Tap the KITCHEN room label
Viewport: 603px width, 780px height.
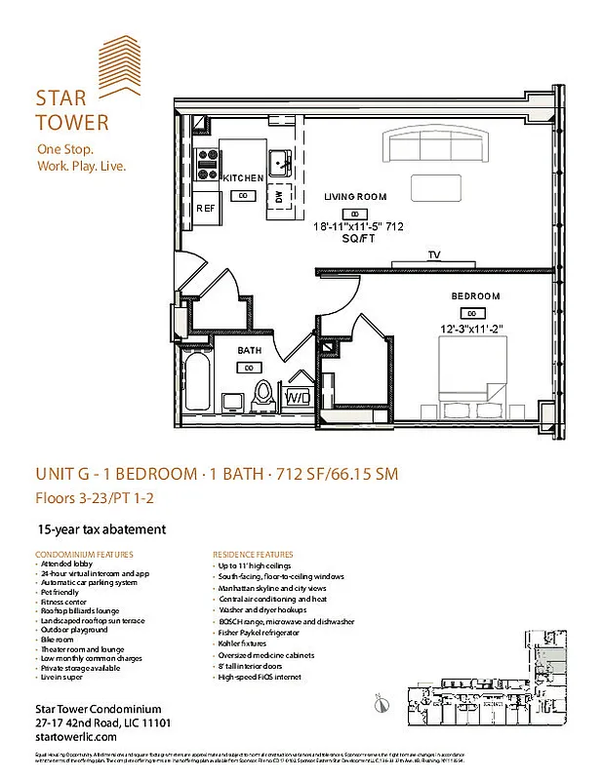point(243,178)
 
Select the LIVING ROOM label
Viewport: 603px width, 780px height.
point(355,197)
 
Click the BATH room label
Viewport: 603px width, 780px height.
point(250,350)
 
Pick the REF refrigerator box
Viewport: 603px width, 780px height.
point(206,209)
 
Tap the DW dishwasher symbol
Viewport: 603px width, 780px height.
point(279,196)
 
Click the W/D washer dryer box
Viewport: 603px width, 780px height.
point(297,399)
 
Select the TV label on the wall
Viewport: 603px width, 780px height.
point(432,255)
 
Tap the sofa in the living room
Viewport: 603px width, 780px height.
point(437,146)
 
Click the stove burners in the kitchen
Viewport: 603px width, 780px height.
point(206,163)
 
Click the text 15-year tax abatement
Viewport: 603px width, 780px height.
point(101,529)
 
